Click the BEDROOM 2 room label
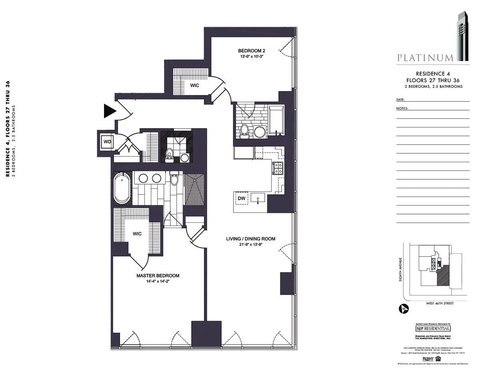click(x=252, y=51)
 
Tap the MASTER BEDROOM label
click(x=158, y=276)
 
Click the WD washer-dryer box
click(x=107, y=142)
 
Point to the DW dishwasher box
click(x=242, y=198)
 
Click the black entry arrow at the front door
click(x=109, y=111)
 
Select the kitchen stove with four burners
click(x=278, y=168)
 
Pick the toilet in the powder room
click(x=169, y=154)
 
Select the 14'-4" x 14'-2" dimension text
click(x=158, y=282)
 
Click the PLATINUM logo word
click(x=425, y=58)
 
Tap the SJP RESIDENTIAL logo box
click(x=427, y=328)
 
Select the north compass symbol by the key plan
click(x=403, y=308)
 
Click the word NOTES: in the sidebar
click(x=402, y=108)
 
